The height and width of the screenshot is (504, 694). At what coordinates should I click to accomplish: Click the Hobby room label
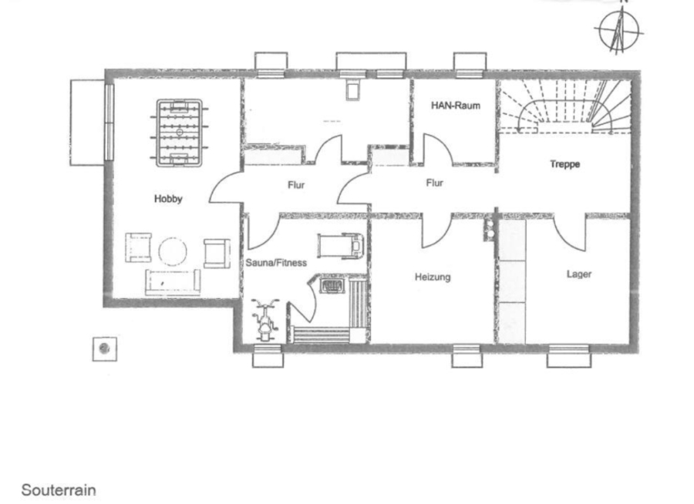pyautogui.click(x=168, y=199)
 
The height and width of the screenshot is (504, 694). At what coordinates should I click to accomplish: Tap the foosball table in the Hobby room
pyautogui.click(x=179, y=133)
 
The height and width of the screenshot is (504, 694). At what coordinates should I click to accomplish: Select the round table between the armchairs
pyautogui.click(x=173, y=251)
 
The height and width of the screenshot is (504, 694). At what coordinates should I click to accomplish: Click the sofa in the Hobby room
pyautogui.click(x=173, y=282)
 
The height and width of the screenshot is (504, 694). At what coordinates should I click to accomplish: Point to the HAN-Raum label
pyautogui.click(x=456, y=106)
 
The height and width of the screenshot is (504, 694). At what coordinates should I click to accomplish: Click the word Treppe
pyautogui.click(x=564, y=164)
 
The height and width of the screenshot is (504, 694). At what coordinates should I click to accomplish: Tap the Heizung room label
pyautogui.click(x=433, y=277)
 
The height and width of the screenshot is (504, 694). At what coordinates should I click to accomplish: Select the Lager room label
pyautogui.click(x=579, y=274)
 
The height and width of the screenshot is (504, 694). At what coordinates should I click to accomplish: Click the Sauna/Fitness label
pyautogui.click(x=276, y=263)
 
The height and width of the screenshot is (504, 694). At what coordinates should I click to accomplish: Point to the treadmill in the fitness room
pyautogui.click(x=340, y=246)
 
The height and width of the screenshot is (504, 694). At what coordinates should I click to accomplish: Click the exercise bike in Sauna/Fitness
pyautogui.click(x=264, y=320)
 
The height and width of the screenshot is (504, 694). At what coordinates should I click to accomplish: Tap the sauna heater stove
pyautogui.click(x=332, y=286)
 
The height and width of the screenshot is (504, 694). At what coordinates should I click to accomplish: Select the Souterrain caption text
pyautogui.click(x=59, y=490)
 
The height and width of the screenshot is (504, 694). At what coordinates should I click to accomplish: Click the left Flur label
pyautogui.click(x=296, y=185)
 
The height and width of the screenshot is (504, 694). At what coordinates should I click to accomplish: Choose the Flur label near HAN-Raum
pyautogui.click(x=434, y=183)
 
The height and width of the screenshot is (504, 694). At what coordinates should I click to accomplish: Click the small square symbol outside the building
pyautogui.click(x=105, y=349)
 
